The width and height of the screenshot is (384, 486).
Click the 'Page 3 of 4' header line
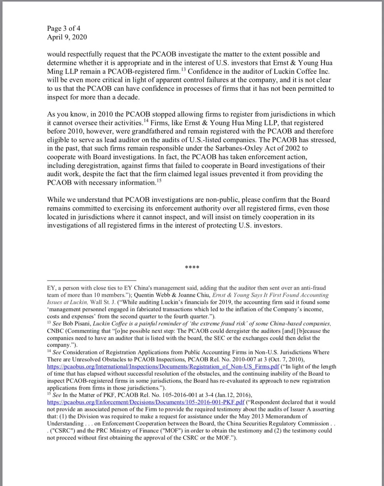tap(64, 28)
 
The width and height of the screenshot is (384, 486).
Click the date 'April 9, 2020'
tap(67, 37)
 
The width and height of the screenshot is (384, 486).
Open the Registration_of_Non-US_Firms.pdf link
tap(163, 366)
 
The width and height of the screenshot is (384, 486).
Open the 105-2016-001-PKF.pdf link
tap(146, 402)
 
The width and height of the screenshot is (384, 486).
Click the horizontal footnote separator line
tap(91, 280)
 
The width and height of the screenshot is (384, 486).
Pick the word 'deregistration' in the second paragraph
tap(95, 165)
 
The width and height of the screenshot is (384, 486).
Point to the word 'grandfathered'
tap(174, 131)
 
